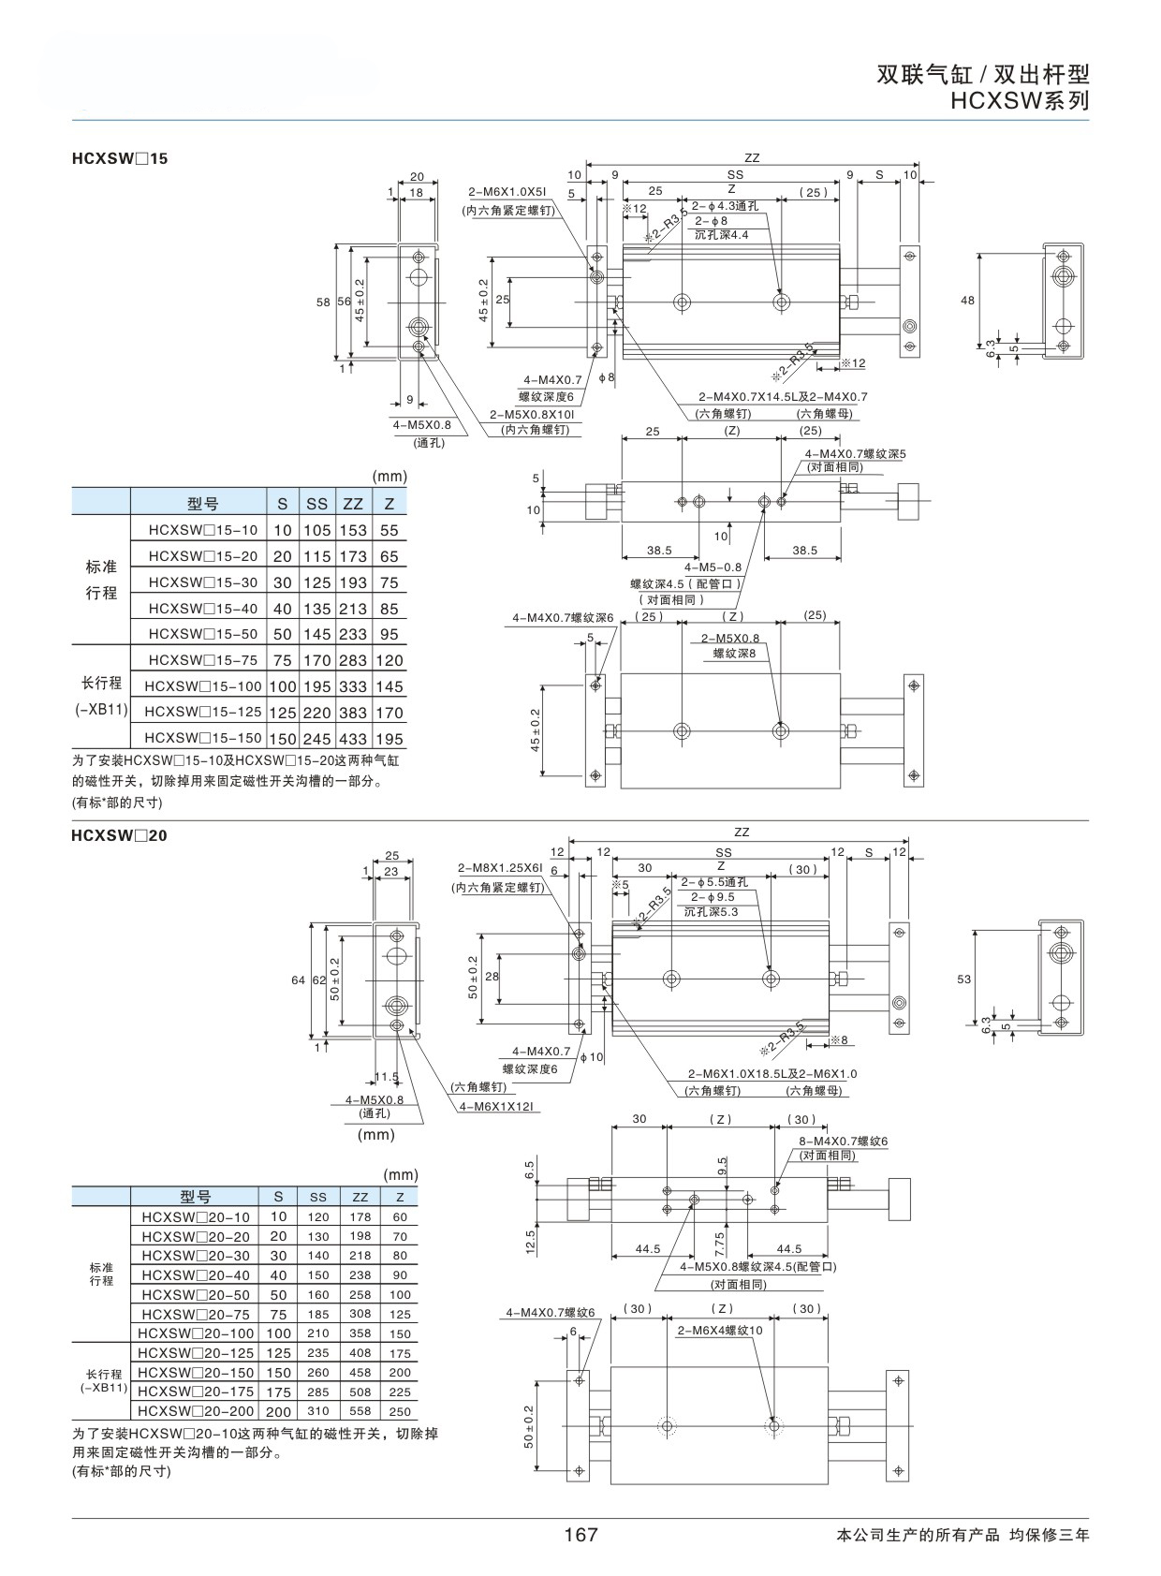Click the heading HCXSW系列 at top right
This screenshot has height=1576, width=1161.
click(1020, 101)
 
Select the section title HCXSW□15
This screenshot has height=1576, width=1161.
click(120, 158)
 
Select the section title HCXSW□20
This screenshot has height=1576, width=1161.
click(120, 835)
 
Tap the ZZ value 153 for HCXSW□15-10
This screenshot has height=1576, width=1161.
click(353, 531)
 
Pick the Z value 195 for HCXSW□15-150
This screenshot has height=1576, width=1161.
click(389, 740)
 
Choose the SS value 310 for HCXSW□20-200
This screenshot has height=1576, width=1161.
click(318, 1410)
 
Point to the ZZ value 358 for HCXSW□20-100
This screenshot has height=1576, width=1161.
click(360, 1333)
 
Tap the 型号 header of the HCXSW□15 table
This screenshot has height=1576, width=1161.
click(202, 504)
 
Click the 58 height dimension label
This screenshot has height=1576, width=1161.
click(323, 302)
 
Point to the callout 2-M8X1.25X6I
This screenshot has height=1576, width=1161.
click(500, 868)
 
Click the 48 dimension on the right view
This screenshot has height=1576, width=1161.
click(967, 301)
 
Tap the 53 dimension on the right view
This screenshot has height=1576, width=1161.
click(964, 979)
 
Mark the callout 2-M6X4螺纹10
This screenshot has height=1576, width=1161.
click(720, 1331)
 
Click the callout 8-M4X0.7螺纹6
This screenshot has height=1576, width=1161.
click(843, 1141)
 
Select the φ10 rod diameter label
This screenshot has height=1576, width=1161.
click(592, 1057)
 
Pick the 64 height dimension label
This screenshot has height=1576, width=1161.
click(299, 980)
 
